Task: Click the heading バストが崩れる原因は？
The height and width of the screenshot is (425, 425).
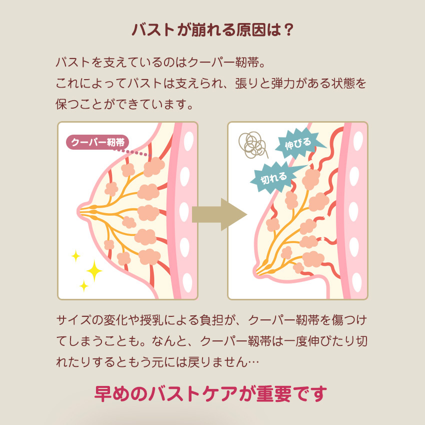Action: click(x=212, y=30)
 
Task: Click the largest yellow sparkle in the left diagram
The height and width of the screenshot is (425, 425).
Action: click(x=93, y=271)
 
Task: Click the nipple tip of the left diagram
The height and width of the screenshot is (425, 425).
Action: click(x=79, y=209)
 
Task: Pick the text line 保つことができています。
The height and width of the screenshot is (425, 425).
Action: click(x=124, y=104)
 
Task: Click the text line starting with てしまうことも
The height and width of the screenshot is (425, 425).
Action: click(x=212, y=341)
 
